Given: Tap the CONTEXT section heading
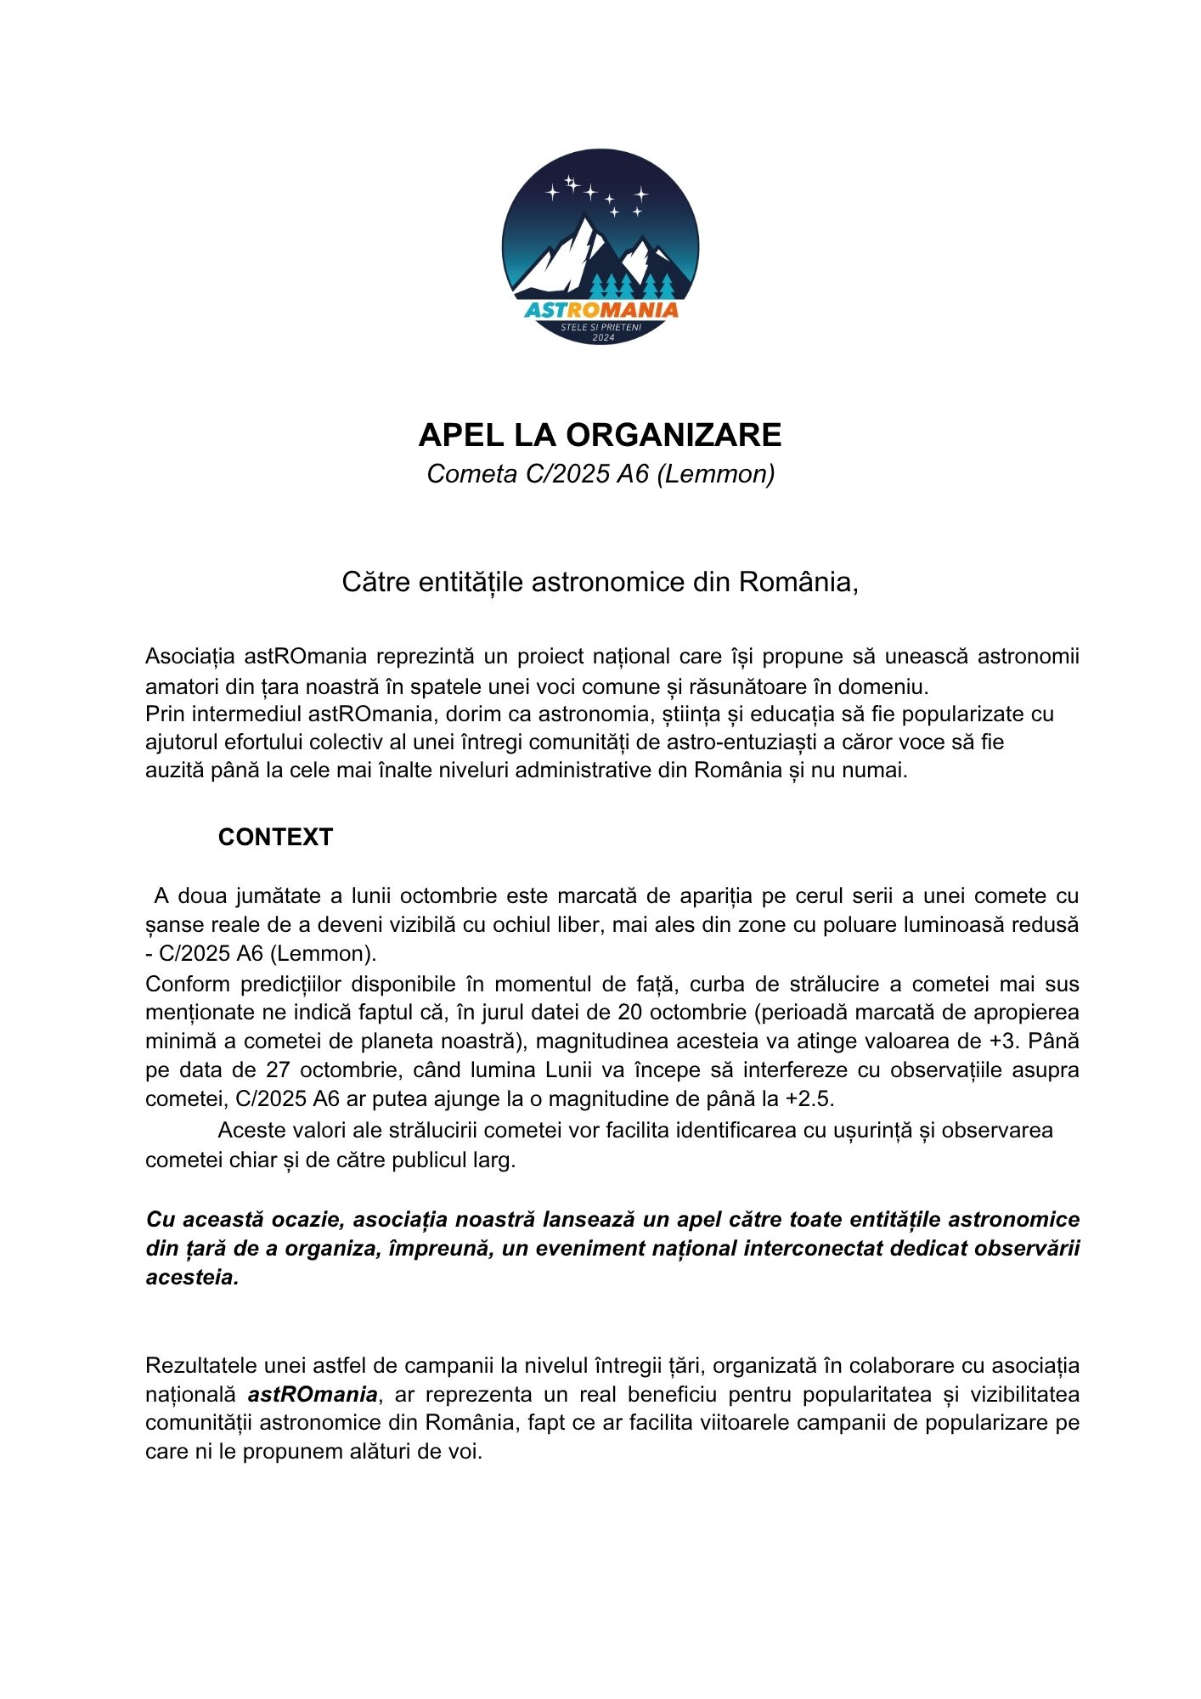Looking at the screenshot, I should coord(275,837).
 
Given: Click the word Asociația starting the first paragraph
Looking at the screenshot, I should coord(191,657).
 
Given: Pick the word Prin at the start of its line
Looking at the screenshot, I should coord(164,714).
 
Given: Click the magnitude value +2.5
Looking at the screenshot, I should coord(809,1098).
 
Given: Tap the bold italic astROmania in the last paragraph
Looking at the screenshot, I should coord(313,1394).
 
